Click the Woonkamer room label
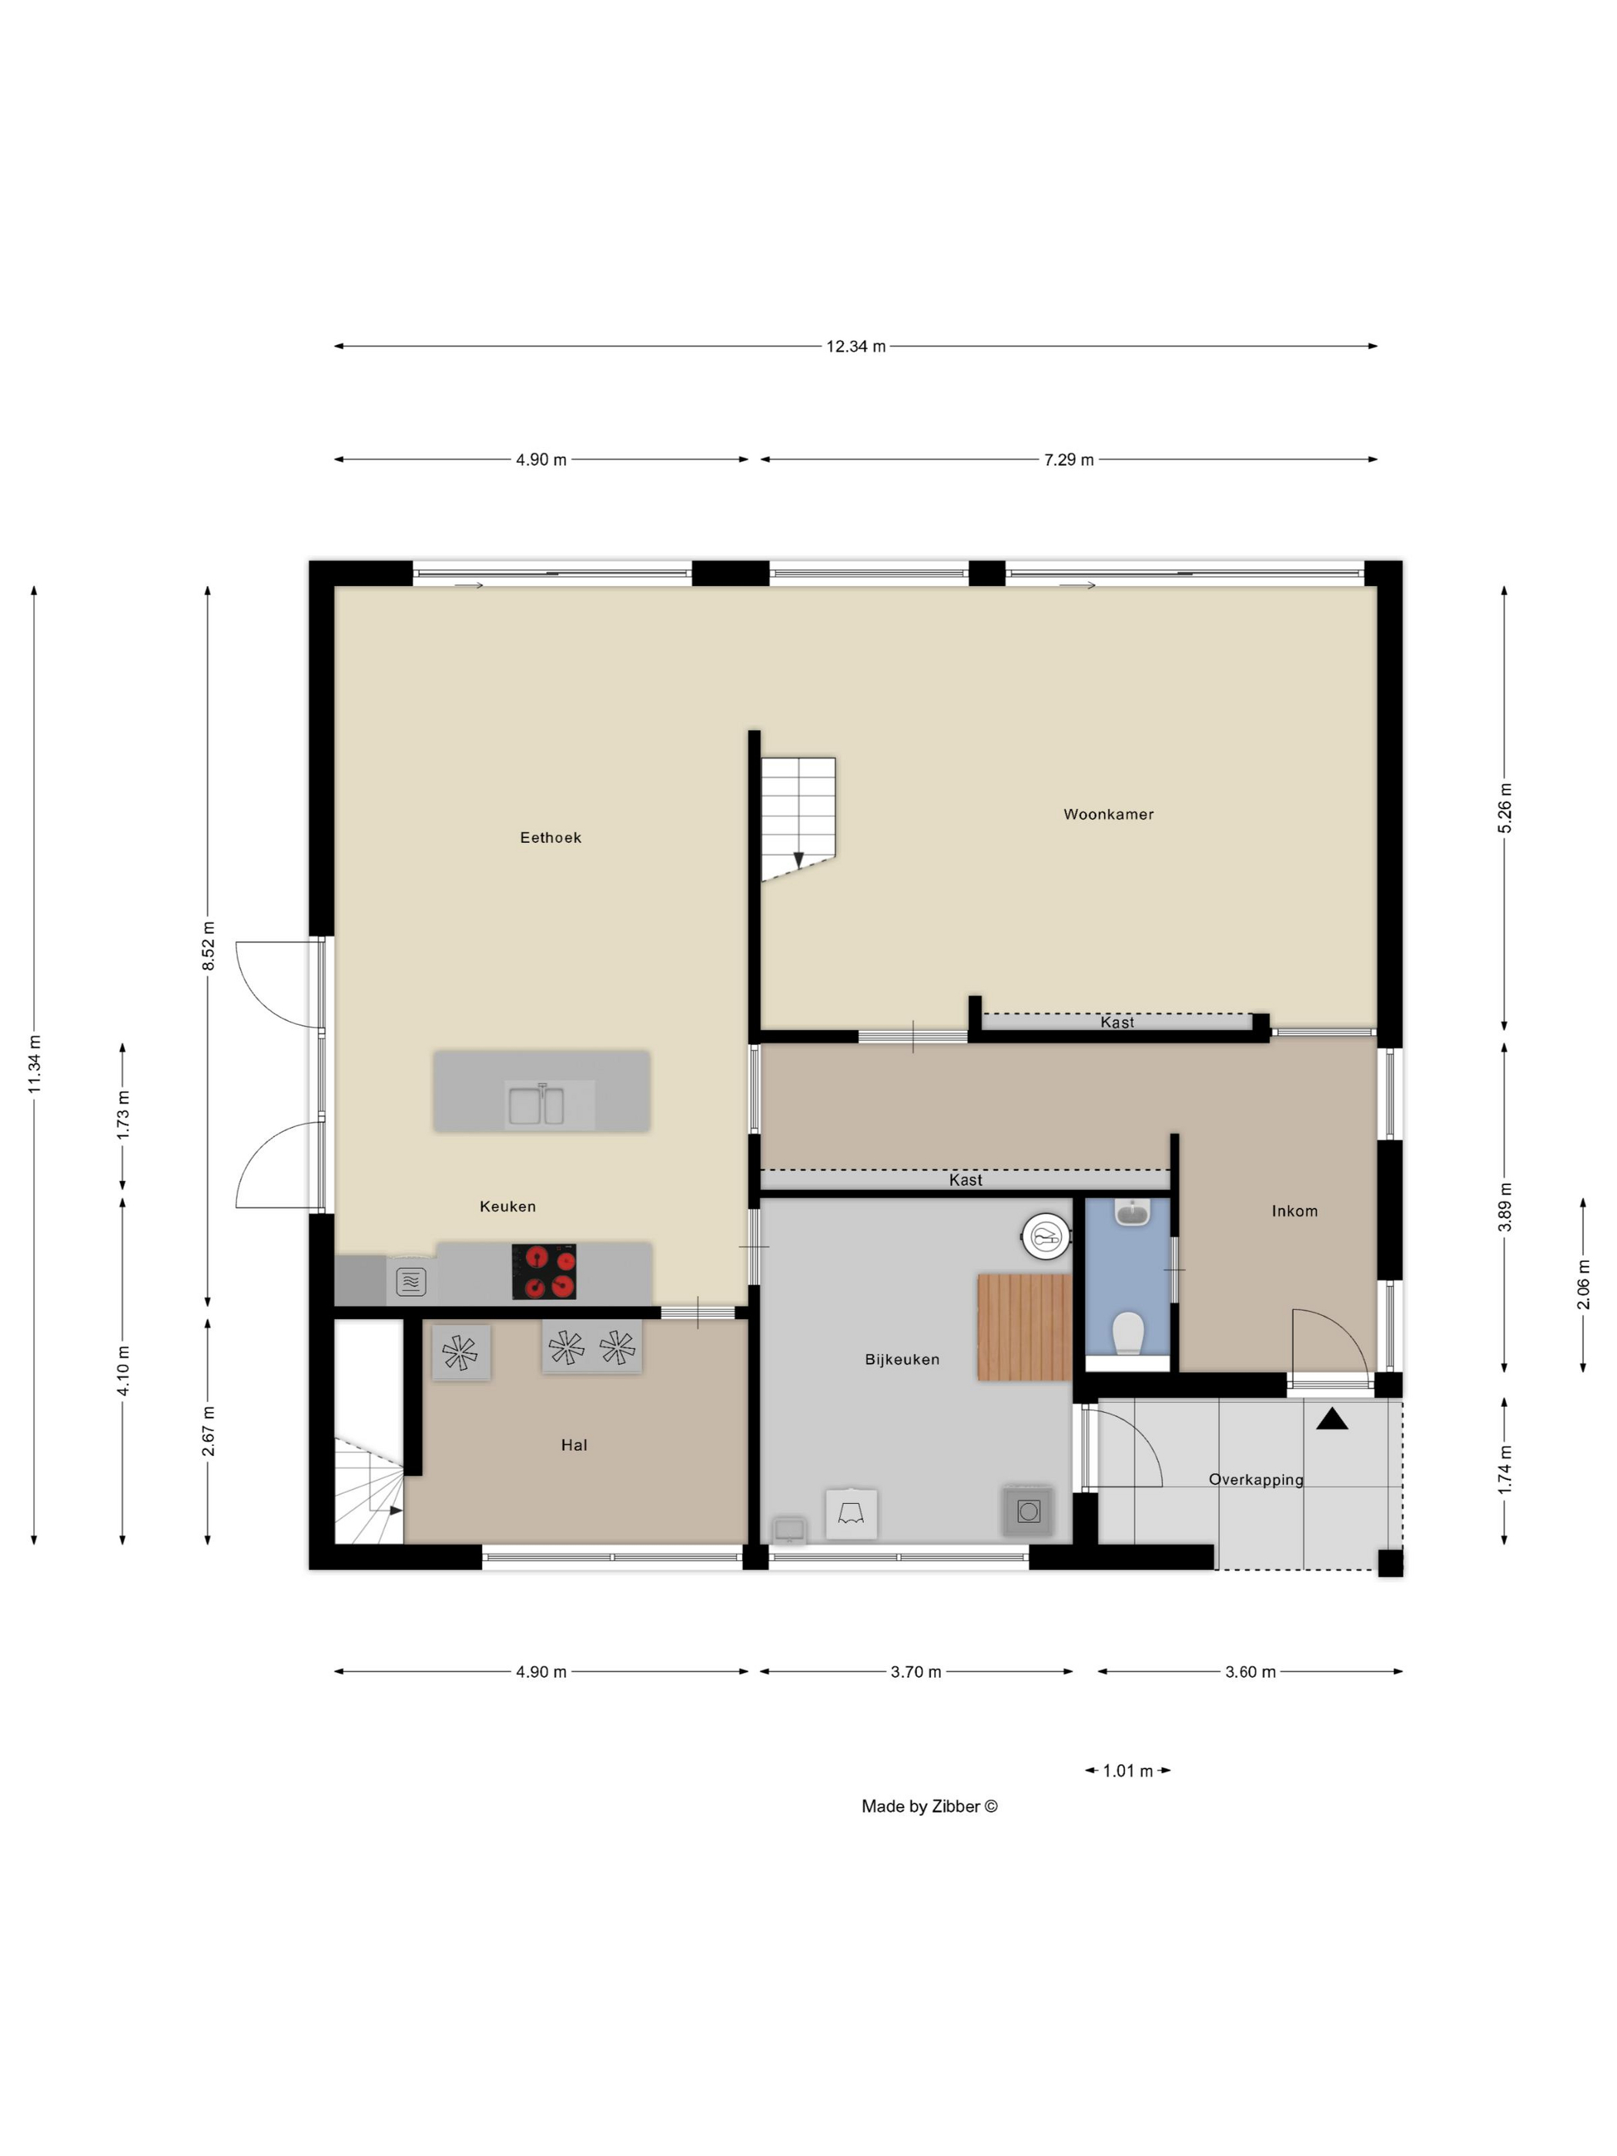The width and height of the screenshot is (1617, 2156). point(1108,814)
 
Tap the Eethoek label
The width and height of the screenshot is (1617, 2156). point(551,837)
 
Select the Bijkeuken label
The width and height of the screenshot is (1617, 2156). point(902,1360)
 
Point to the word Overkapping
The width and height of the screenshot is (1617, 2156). point(1257,1480)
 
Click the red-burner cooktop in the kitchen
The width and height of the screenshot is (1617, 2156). point(544,1272)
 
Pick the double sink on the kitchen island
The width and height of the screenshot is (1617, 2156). point(536,1105)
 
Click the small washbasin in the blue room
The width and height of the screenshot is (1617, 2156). point(1132,1213)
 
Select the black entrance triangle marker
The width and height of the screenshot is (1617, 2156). point(1332,1418)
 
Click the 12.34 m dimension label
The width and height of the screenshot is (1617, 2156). point(855,346)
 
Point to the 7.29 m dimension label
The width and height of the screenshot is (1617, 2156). point(1070,459)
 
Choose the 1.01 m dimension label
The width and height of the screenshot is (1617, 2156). point(1128,1771)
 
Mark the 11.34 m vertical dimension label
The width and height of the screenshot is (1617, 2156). point(34,1063)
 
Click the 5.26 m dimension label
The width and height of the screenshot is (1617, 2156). point(1505,808)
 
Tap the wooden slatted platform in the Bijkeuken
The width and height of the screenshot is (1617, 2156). point(1024,1327)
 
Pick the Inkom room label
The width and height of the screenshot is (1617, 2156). point(1294,1211)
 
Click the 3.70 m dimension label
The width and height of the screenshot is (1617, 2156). point(916,1672)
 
